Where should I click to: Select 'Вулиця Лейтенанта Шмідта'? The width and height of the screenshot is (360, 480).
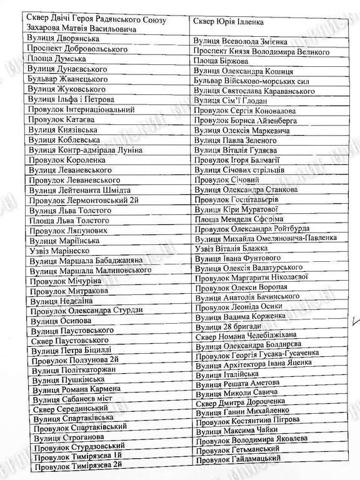pos(81,190)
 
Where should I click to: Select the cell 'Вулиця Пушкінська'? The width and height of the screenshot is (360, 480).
pos(69,379)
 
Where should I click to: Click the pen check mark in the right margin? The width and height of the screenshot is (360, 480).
pos(356,323)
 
